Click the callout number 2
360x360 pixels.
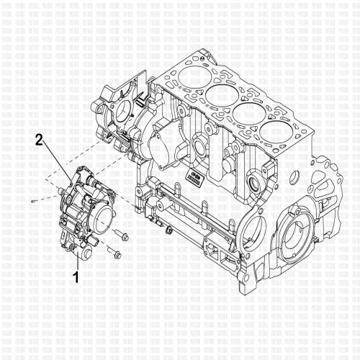[41, 140]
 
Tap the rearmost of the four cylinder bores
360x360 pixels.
[277, 134]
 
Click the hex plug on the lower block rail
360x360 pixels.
[168, 231]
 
